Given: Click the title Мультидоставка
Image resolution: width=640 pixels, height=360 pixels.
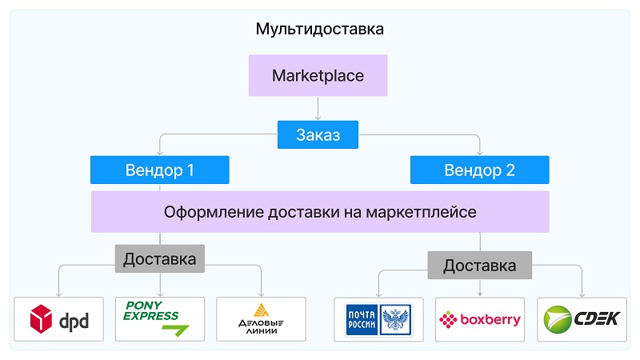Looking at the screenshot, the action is (x=319, y=29).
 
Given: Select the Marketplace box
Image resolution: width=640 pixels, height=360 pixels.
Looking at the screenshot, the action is (x=318, y=75).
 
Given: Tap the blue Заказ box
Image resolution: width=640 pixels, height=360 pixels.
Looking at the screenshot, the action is (x=318, y=134).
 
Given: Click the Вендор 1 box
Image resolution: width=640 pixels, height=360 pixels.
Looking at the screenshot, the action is (x=159, y=170).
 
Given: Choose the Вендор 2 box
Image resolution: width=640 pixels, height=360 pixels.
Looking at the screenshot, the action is (x=479, y=170).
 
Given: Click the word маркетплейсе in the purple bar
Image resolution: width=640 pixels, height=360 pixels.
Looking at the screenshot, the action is (x=421, y=212).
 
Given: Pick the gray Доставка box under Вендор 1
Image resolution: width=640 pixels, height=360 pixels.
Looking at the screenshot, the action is (x=159, y=258).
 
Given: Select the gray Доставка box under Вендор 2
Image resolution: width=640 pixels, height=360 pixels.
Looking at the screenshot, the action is (x=479, y=266).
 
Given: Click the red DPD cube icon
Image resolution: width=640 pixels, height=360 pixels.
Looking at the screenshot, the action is (x=41, y=318).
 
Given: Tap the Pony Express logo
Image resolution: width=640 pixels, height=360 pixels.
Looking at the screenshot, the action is (x=156, y=318).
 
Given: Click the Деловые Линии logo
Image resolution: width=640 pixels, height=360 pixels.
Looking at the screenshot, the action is (x=262, y=319).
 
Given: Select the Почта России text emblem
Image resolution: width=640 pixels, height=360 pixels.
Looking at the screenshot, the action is (x=362, y=319).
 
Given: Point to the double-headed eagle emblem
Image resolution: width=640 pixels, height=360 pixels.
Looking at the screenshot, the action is (x=395, y=319).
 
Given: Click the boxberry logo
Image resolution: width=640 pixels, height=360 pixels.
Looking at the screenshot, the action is (x=479, y=319).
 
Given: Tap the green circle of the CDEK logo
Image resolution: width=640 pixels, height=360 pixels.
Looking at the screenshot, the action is (x=557, y=319).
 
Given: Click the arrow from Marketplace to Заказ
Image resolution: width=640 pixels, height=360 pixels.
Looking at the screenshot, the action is (x=318, y=108).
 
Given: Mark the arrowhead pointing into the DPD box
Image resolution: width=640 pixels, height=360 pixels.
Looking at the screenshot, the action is (x=58, y=294).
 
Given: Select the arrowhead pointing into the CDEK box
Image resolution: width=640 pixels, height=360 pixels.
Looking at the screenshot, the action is (x=582, y=294).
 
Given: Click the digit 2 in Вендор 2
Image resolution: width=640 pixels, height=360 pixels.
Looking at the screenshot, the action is (x=510, y=170).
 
